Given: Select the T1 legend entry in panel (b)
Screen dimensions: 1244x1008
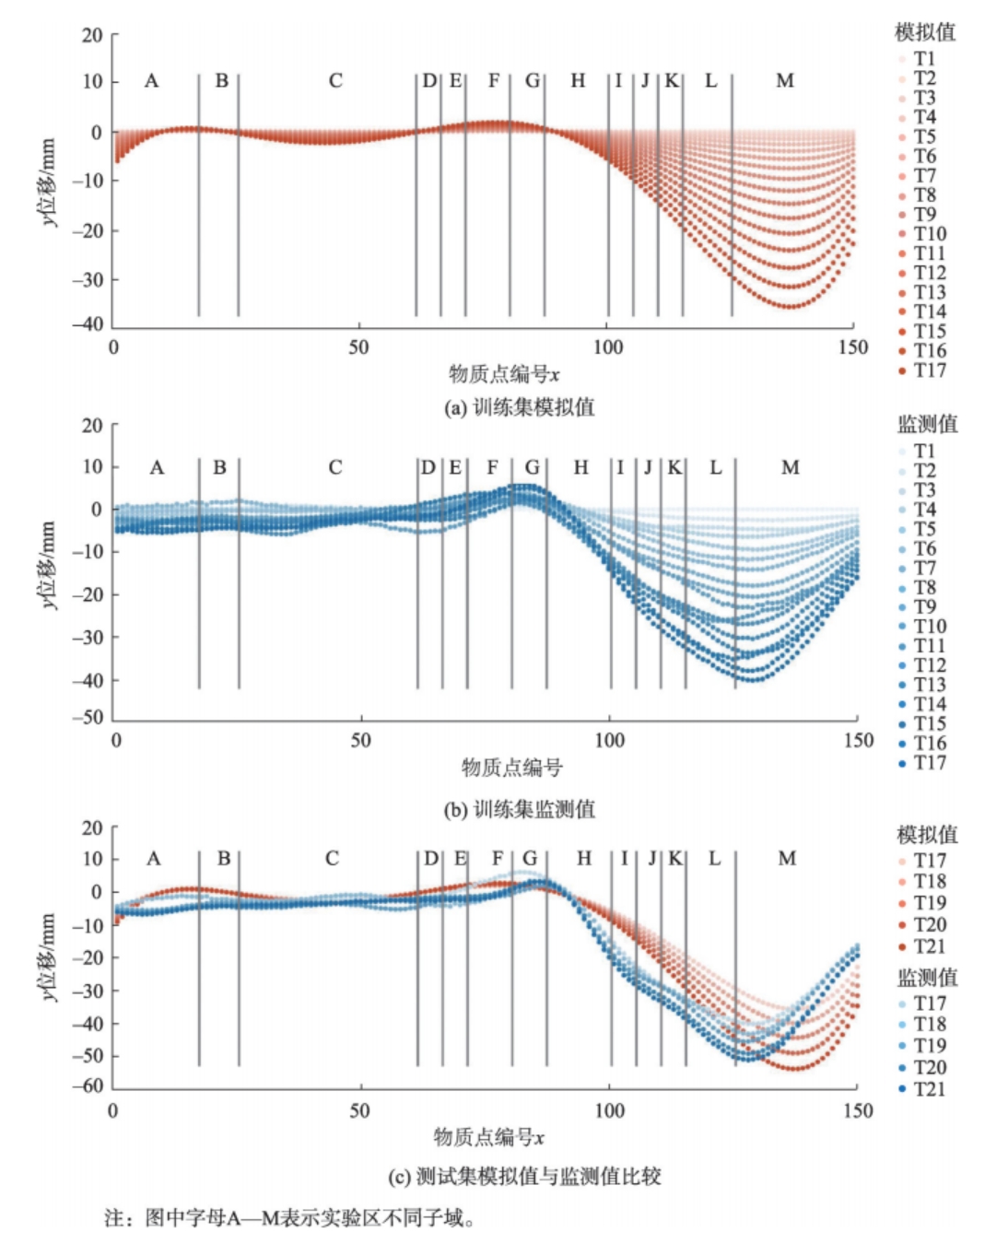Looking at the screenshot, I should tap(923, 451).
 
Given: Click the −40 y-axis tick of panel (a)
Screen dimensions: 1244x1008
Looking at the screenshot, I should tap(91, 324).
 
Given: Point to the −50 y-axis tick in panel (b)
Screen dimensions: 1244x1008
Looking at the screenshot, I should tap(91, 718).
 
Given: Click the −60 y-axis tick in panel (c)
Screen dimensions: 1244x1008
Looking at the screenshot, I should tap(91, 1086).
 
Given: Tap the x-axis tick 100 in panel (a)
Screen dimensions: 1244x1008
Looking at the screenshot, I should tap(608, 347).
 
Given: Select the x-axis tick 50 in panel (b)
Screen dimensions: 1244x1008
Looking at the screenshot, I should tap(360, 740).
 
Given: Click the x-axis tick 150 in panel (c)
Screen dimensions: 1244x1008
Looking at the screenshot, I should tap(857, 1110).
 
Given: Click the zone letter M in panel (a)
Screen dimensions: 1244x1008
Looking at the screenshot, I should tap(785, 81).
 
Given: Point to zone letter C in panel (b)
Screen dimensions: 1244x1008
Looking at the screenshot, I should tap(335, 468).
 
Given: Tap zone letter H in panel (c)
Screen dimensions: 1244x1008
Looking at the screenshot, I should tap(584, 859).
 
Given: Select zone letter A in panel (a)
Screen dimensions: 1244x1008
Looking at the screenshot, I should tap(152, 81).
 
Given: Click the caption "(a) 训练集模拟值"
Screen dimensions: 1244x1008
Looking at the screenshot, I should tap(519, 407).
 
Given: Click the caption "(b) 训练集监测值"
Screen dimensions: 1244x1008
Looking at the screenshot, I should tap(519, 809).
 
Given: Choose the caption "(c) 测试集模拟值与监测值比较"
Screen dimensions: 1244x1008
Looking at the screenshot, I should tap(524, 1177).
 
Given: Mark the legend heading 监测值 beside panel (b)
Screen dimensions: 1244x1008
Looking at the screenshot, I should tap(927, 424).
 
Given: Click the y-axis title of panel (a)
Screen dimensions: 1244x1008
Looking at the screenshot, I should tap(47, 182).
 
